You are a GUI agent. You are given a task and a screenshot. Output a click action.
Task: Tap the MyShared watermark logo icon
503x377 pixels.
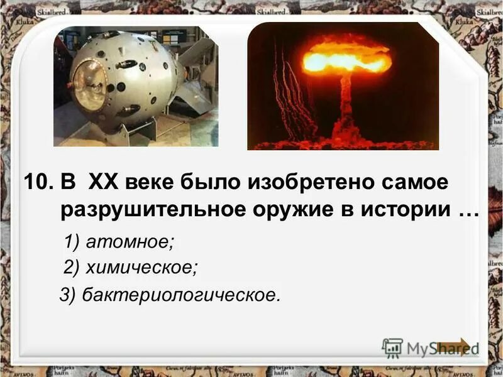point(393,347)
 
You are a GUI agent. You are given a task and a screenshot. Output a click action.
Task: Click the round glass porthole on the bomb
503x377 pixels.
point(89,85)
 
